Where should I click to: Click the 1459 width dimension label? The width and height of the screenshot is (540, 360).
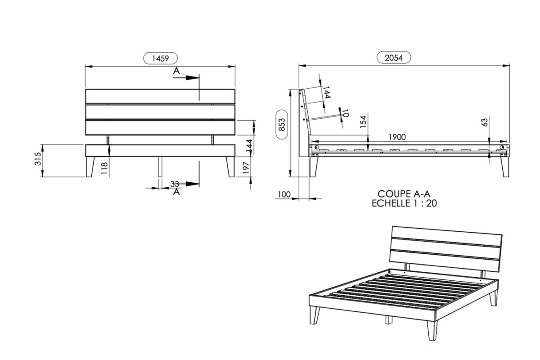(161, 58)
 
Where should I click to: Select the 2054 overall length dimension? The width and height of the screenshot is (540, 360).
(394, 58)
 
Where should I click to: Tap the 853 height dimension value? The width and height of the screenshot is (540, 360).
(282, 124)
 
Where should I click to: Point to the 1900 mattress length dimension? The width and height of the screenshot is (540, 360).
(397, 137)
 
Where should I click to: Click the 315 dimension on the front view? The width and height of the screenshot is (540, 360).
(38, 159)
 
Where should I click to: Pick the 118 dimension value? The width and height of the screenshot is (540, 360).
(104, 168)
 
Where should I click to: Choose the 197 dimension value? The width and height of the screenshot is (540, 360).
(245, 168)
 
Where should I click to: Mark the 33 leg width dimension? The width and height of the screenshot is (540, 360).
(175, 184)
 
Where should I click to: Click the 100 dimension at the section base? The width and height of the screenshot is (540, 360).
(284, 194)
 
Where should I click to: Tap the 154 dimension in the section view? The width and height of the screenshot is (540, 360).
(363, 122)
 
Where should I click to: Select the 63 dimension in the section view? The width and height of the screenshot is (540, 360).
(485, 122)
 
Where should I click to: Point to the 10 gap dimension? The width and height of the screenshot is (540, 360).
(346, 113)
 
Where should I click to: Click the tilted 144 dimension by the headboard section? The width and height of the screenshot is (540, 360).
(326, 92)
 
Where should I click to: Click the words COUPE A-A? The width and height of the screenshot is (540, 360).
(404, 194)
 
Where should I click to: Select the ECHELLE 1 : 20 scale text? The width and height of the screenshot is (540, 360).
(404, 203)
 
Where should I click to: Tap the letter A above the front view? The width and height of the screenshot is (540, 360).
(176, 71)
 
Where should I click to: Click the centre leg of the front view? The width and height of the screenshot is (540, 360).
(160, 167)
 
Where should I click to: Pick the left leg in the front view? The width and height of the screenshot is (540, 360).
(90, 167)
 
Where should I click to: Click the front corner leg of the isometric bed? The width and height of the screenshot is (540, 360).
(432, 330)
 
